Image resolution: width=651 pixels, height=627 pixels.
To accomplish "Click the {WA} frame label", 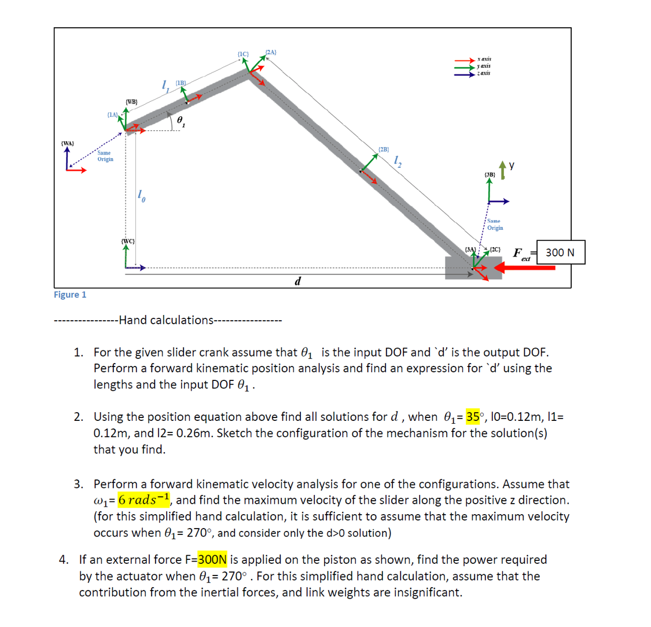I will (68, 142).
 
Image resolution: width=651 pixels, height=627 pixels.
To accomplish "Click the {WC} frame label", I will (128, 240).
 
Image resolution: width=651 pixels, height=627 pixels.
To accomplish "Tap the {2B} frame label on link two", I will (384, 149).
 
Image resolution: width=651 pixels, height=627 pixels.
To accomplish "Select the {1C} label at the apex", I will (243, 54).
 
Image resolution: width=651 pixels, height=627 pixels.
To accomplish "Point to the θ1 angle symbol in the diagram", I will (181, 121).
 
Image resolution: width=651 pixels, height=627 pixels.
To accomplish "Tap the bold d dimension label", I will (297, 281).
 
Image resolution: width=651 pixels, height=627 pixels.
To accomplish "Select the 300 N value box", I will (560, 252).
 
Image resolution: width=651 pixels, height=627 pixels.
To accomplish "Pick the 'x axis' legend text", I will (484, 59).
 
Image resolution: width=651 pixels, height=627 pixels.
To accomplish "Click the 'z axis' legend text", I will (484, 73).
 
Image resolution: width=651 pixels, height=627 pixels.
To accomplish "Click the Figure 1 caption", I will (70, 295).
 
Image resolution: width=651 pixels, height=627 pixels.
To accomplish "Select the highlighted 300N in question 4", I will (212, 560).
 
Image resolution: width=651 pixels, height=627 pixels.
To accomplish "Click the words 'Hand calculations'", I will (165, 320).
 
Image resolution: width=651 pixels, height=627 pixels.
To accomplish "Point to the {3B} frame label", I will (490, 174).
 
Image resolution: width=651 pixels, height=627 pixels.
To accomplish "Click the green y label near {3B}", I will (511, 166).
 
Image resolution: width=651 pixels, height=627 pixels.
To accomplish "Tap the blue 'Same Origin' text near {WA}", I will (105, 156).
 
